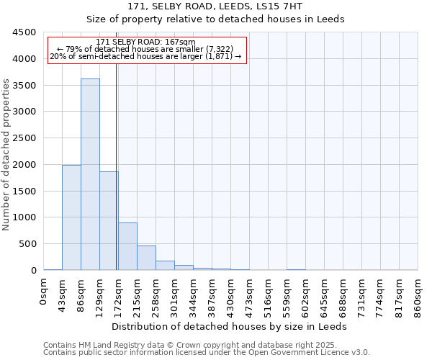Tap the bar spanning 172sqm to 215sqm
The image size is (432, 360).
(127, 246)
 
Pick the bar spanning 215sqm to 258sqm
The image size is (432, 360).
(146, 258)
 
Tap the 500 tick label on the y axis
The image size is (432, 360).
(28, 244)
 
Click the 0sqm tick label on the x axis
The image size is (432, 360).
(44, 291)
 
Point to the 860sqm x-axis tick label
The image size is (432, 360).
(418, 295)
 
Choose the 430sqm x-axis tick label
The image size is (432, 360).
(231, 295)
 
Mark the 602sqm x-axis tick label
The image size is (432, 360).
(306, 295)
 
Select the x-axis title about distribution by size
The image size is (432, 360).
(230, 326)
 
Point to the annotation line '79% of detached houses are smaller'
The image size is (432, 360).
(147, 49)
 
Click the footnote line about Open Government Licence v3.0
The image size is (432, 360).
(207, 353)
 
